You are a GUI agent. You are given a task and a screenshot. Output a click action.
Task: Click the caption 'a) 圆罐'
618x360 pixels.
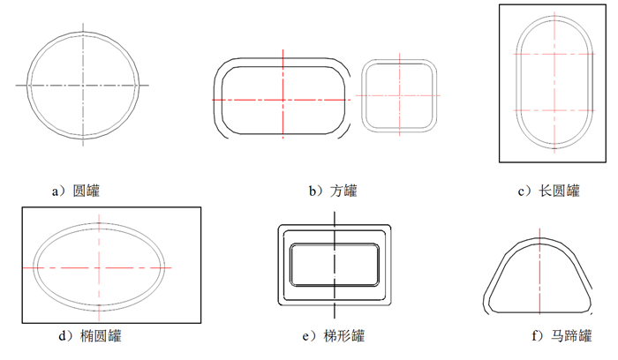point(76,191)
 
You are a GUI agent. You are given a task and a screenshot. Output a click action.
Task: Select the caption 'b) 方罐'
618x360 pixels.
point(333,191)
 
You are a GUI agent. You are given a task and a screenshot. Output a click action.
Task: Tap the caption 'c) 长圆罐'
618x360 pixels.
point(548,191)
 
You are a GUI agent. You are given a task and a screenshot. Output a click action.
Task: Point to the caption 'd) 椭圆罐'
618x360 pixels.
point(90,336)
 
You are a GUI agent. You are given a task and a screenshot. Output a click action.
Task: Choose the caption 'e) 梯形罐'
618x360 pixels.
point(334,336)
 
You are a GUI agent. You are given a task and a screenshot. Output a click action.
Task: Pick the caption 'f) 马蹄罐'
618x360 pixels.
point(561,336)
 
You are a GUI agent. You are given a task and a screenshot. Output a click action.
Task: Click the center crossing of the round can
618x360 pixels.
point(83,85)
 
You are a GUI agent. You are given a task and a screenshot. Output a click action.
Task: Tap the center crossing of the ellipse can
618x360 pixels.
point(99,268)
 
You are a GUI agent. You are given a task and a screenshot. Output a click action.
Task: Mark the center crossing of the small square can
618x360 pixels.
point(399,95)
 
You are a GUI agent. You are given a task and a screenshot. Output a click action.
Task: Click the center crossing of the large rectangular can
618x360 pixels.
point(283,100)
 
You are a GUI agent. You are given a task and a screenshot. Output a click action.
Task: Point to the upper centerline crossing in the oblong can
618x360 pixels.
point(554,54)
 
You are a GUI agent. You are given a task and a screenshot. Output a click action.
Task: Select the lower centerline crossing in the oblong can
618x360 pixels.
point(554,110)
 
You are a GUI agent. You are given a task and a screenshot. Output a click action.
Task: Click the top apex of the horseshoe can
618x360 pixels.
point(539,238)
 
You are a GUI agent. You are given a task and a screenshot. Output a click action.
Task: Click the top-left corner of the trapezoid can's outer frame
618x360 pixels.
point(280,226)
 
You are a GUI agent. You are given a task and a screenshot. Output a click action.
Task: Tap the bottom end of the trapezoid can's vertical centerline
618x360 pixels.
point(335,318)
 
